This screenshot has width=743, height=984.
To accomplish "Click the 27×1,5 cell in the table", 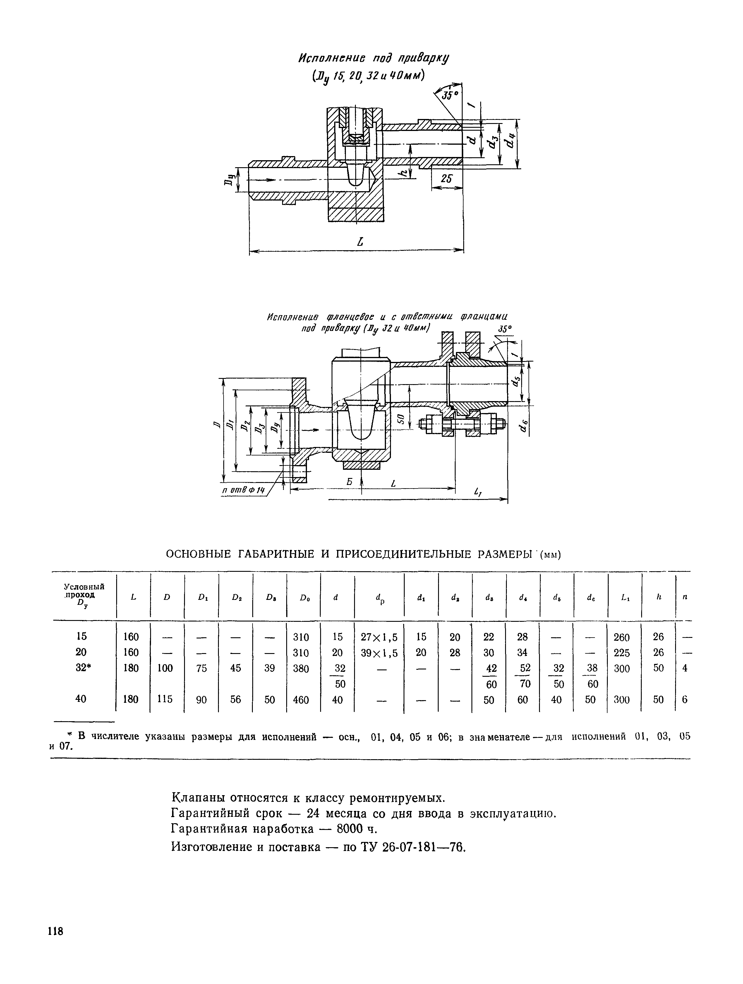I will tap(379, 637).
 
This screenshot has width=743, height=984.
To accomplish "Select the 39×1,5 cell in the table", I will tap(379, 652).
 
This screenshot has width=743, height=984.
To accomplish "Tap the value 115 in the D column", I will tap(165, 699).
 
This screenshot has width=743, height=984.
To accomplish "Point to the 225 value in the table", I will tap(622, 652).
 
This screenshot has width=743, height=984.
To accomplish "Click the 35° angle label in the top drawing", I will tap(449, 96).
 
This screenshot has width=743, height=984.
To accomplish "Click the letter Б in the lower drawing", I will tap(349, 482).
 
